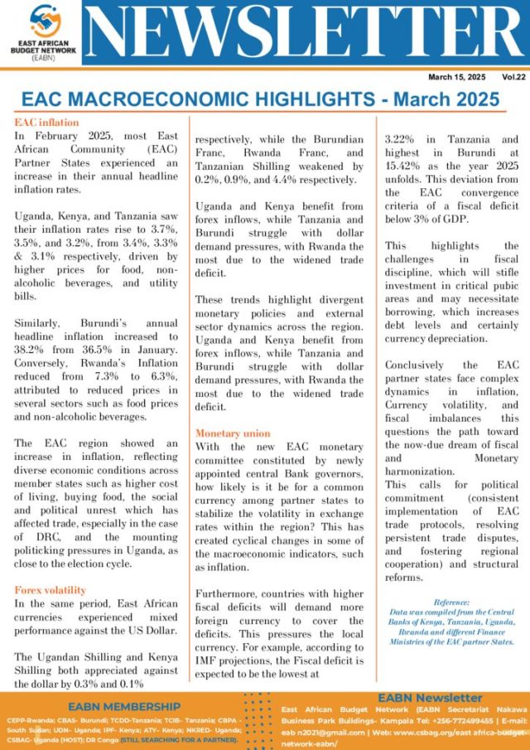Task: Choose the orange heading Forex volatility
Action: pos(50,590)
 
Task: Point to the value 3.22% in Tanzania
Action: pos(407,140)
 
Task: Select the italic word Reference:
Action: pos(450,602)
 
